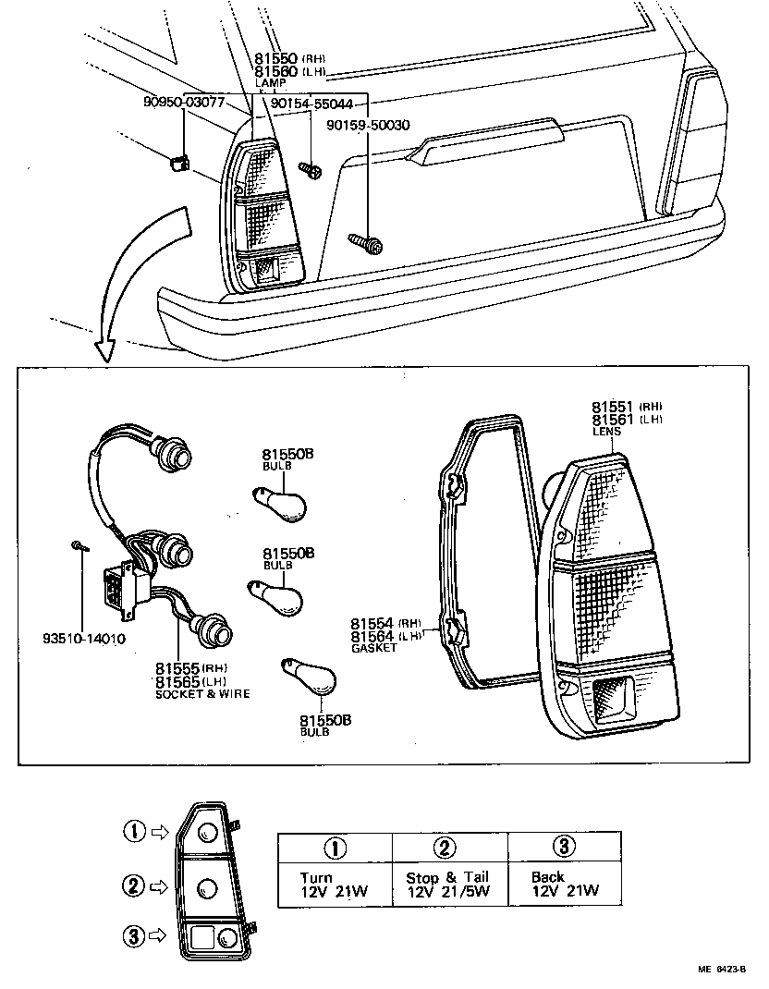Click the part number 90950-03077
pos(184,102)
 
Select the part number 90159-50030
pos(368,125)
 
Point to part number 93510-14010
pos(84,639)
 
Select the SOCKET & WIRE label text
pos(202,693)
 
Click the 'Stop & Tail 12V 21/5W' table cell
pos(447,884)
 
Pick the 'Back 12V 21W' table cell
pos(565,884)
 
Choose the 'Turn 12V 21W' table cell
pos(333,884)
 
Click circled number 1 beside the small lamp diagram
pos(135,831)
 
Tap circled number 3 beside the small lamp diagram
pos(135,935)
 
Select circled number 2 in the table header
pos(446,848)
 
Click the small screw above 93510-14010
pos(79,547)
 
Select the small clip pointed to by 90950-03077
pos(179,165)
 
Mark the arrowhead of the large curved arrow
pos(104,348)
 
